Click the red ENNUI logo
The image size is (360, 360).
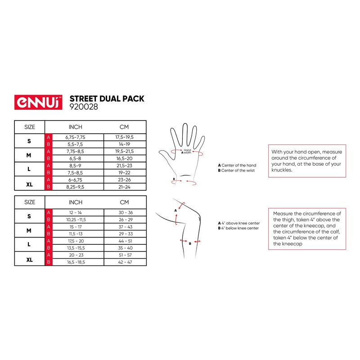pyautogui.click(x=39, y=102)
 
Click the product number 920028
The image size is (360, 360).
pyautogui.click(x=84, y=107)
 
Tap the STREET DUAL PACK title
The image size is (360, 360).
pyautogui.click(x=107, y=99)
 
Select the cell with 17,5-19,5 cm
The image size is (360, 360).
pyautogui.click(x=125, y=137)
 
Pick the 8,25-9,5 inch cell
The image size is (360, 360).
pyautogui.click(x=75, y=186)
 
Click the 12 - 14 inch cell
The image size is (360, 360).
pyautogui.click(x=75, y=212)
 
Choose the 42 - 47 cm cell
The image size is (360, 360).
pyautogui.click(x=125, y=261)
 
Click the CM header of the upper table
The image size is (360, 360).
pyautogui.click(x=125, y=127)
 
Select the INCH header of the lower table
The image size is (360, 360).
pyautogui.click(x=75, y=202)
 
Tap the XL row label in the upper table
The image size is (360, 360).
pyautogui.click(x=29, y=183)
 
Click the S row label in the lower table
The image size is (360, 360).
pyautogui.click(x=29, y=216)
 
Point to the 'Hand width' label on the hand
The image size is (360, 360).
pyautogui.click(x=187, y=151)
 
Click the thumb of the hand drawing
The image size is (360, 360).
pyautogui.click(x=166, y=153)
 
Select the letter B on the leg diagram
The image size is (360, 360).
pyautogui.click(x=190, y=243)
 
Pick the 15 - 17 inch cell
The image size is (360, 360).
pyautogui.click(x=75, y=226)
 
